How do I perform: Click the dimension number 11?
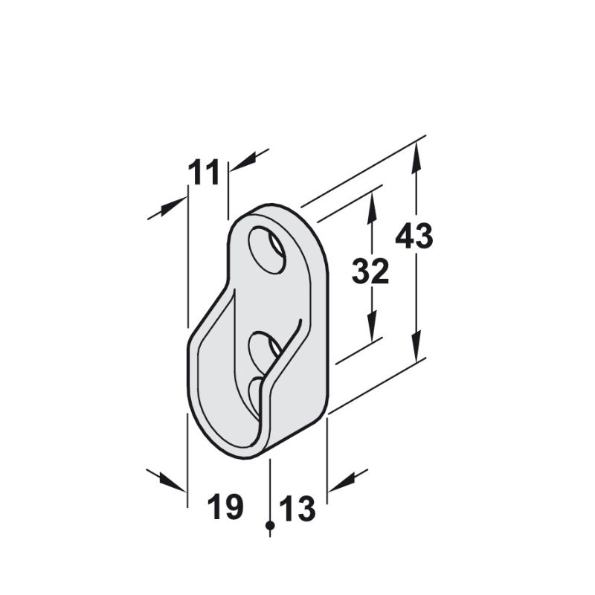pos(204,173)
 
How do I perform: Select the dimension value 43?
pos(414,237)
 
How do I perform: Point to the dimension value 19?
pos(225,508)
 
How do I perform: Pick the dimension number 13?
pos(297,510)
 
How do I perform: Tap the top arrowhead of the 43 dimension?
pos(416,152)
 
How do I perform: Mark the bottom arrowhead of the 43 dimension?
pos(416,353)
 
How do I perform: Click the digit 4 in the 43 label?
pos(405,237)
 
